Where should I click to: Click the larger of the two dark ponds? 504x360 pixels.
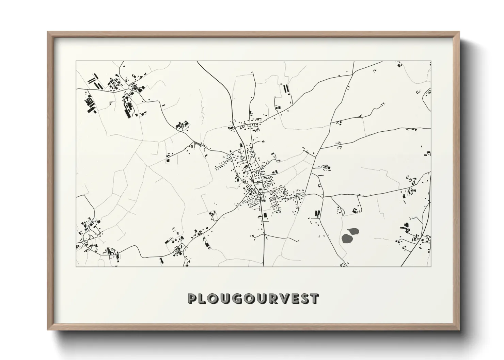click(347, 239)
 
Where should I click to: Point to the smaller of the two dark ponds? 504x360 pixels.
click(354, 231)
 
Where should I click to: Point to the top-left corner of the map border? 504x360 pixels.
click(76, 61)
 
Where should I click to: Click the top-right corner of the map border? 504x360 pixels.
click(431, 61)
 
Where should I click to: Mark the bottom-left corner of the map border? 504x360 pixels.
click(76, 266)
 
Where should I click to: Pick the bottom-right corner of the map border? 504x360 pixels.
click(431, 266)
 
